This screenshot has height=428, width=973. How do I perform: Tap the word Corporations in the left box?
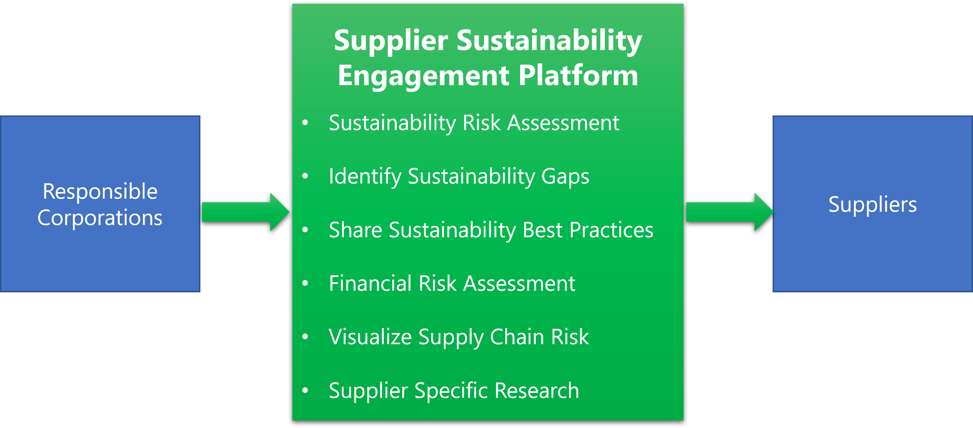[x=100, y=218]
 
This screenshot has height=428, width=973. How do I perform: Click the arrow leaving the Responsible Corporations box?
[x=246, y=212]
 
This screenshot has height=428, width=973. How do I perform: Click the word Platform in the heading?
[x=578, y=76]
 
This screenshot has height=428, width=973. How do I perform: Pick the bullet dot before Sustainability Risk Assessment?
[x=305, y=122]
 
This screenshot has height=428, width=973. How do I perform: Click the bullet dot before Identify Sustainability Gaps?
[x=305, y=176]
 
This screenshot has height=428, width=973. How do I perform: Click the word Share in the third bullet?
[x=355, y=230]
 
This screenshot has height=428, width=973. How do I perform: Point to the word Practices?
[x=611, y=230]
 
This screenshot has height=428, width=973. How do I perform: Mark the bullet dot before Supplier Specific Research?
[x=305, y=390]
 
